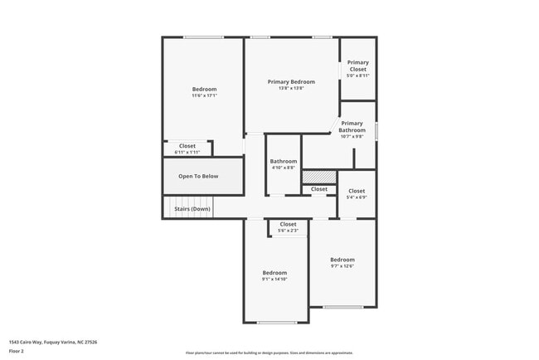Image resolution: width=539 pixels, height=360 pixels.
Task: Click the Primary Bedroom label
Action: coord(291,81)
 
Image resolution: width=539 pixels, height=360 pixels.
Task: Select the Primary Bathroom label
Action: coord(352,127)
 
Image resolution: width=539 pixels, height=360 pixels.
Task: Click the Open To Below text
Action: coord(198,176)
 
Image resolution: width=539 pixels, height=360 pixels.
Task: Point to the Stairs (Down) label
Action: coord(192,209)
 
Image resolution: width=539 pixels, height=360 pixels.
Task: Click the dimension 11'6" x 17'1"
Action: coord(204,95)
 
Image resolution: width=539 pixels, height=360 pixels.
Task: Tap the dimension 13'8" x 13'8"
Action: coord(291,88)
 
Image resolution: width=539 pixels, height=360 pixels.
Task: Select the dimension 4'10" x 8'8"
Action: coord(284,168)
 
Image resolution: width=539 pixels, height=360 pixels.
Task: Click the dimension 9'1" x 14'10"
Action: coord(274,280)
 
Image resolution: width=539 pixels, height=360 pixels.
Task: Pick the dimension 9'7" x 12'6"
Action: coord(342,266)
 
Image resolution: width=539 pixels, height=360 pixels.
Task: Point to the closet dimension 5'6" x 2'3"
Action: coord(288,231)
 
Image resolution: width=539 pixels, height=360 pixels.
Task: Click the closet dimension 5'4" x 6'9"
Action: coord(357,197)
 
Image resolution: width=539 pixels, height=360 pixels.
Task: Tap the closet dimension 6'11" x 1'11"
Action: coord(187,153)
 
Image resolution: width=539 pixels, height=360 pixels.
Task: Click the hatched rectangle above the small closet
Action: coord(319,177)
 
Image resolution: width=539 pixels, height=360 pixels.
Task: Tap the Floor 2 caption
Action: coord(17,351)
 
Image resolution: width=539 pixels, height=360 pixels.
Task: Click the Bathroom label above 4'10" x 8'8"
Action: coord(284,161)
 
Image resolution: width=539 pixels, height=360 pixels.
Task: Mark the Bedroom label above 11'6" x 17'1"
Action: coord(204,90)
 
